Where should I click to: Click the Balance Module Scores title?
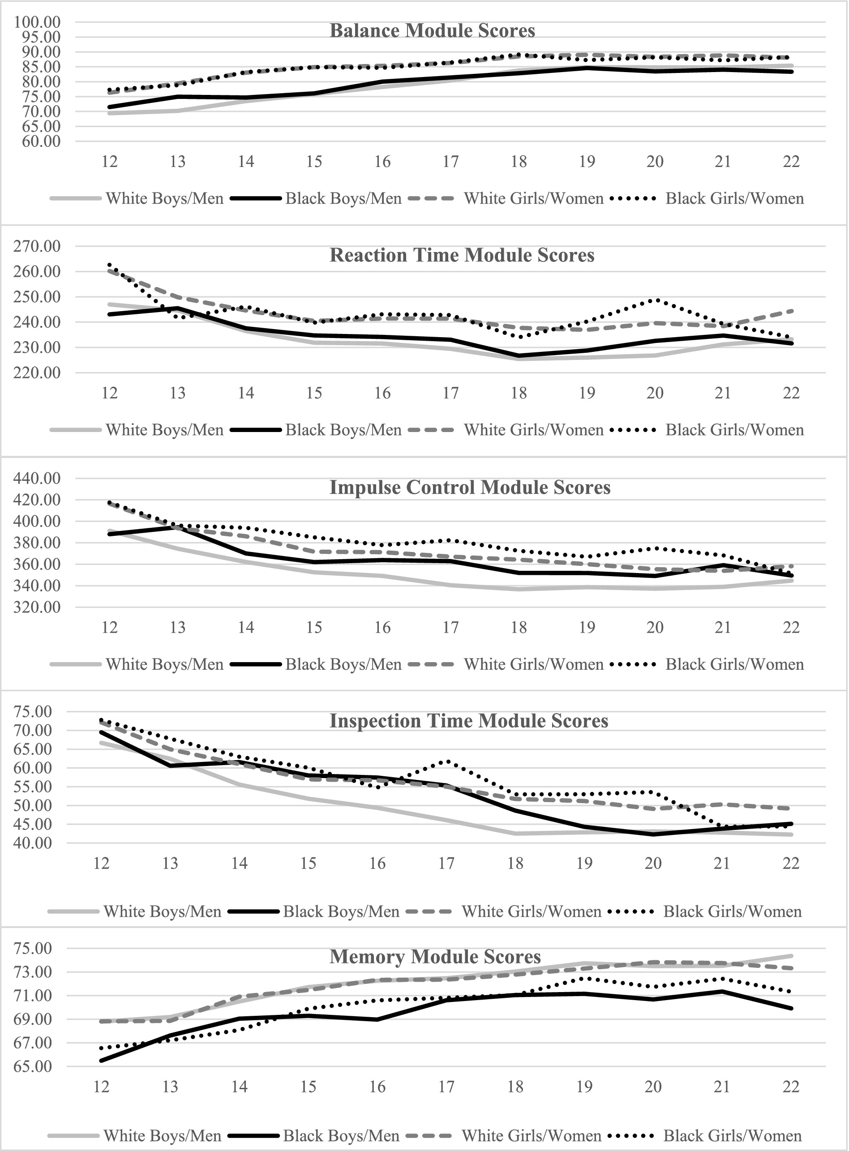coord(432,31)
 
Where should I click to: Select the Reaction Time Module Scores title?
coord(462,255)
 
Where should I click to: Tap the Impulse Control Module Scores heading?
coord(470,488)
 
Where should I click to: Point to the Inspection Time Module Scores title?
coord(469,721)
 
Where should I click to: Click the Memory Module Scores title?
coord(435,957)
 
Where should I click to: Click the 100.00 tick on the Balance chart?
coord(38,22)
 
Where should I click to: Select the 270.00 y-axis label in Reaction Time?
coord(38,246)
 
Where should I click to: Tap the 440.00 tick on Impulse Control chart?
coord(38,479)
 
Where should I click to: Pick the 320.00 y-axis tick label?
coord(38,608)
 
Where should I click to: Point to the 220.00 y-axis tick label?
coord(38,373)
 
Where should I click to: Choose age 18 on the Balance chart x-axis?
coord(519,162)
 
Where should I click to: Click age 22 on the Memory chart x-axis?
coord(791,1087)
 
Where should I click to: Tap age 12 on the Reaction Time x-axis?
coord(109,393)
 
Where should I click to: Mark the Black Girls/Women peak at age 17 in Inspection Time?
coord(448,761)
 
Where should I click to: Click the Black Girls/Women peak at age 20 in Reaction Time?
coord(655,300)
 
